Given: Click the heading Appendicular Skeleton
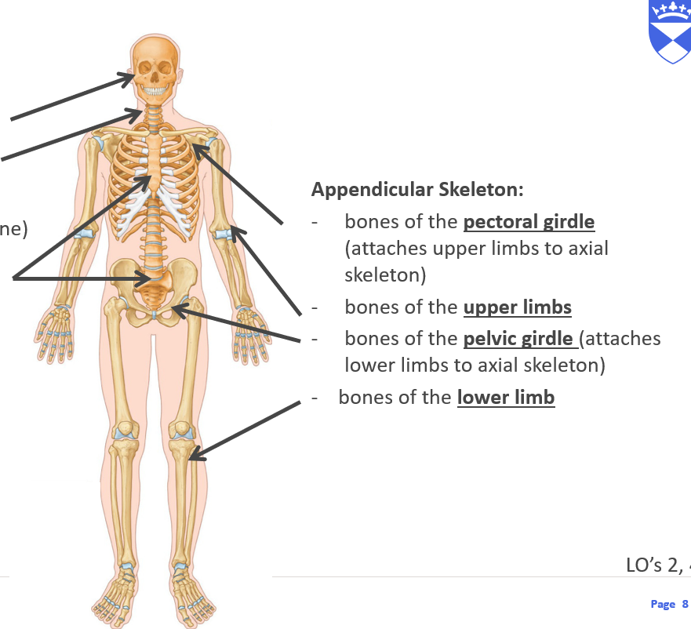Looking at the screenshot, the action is pyautogui.click(x=417, y=190).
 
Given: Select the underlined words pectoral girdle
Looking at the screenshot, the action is pyautogui.click(x=529, y=222).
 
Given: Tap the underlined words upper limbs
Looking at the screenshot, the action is pyautogui.click(x=517, y=307).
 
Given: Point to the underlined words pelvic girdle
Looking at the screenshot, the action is pyautogui.click(x=518, y=339).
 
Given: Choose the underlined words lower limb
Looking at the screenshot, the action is pyautogui.click(x=506, y=398).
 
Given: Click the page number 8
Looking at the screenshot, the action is pyautogui.click(x=685, y=604).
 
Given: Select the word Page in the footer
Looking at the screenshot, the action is pyautogui.click(x=663, y=604).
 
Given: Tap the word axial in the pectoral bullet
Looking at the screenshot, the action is pyautogui.click(x=583, y=249).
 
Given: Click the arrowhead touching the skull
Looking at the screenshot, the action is pyautogui.click(x=129, y=77).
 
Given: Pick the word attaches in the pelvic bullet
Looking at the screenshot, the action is pyautogui.click(x=620, y=339).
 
